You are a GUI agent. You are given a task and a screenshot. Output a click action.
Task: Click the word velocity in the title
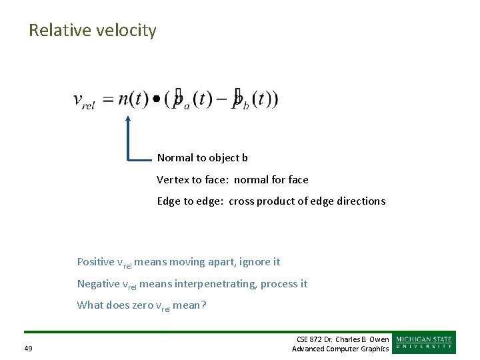coord(130,31)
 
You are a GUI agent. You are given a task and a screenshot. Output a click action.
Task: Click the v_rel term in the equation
coord(83,101)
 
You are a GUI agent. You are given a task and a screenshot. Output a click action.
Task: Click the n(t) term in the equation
coord(133,99)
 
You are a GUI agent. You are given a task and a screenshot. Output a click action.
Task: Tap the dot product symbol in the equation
coord(157,100)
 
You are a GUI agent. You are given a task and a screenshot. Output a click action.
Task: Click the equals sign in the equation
coord(107,100)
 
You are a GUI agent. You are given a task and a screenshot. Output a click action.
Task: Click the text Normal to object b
coord(202,158)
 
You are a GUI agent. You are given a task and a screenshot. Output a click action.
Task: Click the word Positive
coord(95,262)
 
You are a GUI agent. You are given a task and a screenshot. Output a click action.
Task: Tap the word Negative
coord(98,284)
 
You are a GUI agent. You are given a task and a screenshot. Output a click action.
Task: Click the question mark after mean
coord(204,305)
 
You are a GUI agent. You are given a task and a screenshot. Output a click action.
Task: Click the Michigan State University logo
coord(424,343)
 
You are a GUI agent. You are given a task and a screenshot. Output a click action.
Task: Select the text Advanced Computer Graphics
coord(340,349)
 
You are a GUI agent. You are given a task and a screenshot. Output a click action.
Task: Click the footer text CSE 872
coord(310,339)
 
